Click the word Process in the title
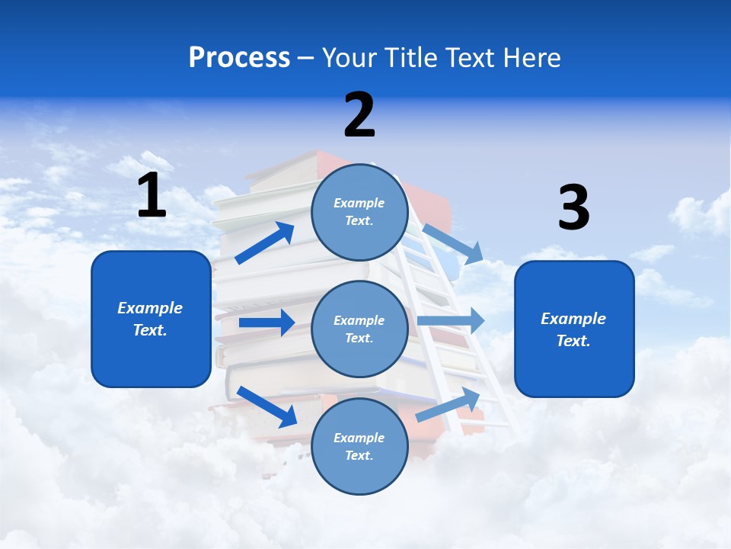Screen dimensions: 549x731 tap(239, 58)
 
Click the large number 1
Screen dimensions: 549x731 tap(152, 195)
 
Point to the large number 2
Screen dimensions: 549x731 tap(359, 115)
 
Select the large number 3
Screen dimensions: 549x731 tap(573, 208)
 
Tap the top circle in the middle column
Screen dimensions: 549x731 tap(359, 212)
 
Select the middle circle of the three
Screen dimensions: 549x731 tap(359, 329)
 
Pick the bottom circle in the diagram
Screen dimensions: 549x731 tap(359, 447)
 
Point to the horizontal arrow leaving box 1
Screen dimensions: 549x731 tap(267, 323)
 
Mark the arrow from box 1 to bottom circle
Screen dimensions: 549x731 tap(267, 406)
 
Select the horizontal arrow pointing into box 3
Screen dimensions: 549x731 tap(451, 320)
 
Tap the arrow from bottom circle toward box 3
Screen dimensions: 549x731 tap(448, 404)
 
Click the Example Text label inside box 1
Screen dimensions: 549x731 tap(150, 319)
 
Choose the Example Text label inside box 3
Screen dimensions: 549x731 tap(573, 329)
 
